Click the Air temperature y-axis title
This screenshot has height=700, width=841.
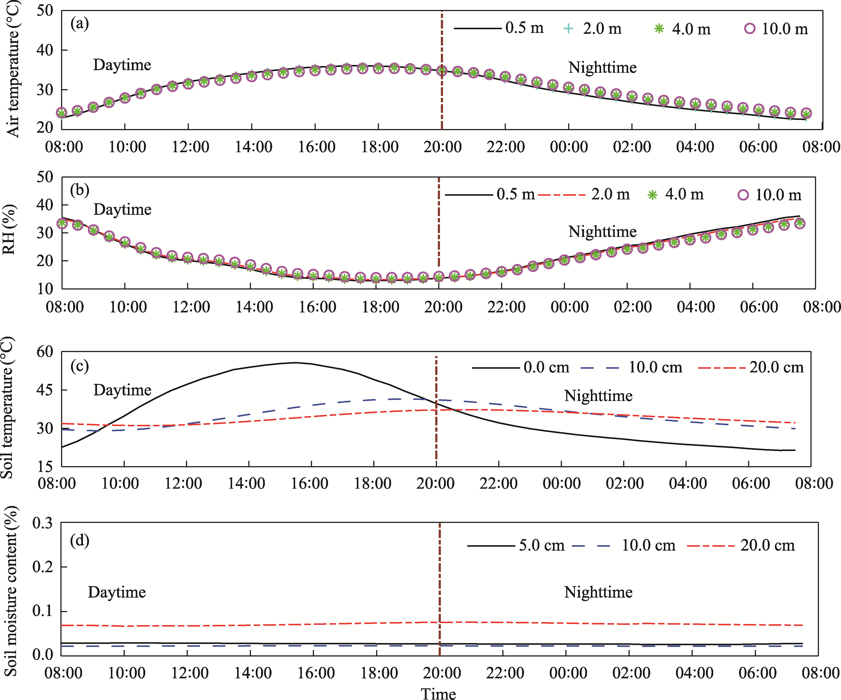tap(13, 69)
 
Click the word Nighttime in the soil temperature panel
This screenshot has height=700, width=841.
tap(598, 396)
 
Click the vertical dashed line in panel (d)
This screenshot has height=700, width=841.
tap(440, 581)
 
